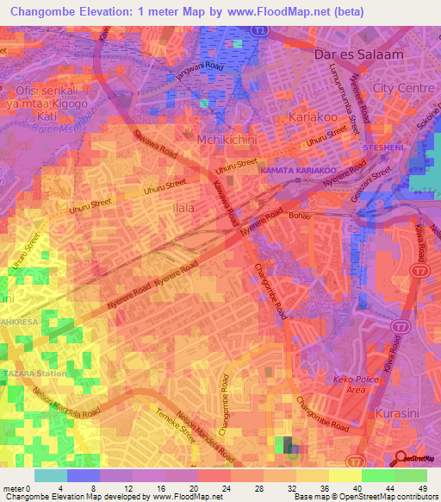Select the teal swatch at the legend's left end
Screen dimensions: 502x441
coord(50,475)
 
